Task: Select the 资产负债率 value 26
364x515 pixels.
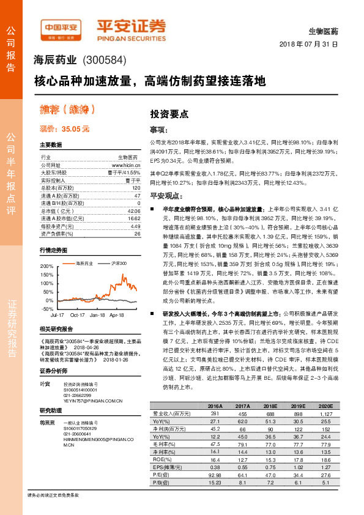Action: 137,233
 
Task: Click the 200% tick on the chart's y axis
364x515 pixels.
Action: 46,267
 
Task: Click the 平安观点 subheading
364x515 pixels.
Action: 166,196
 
